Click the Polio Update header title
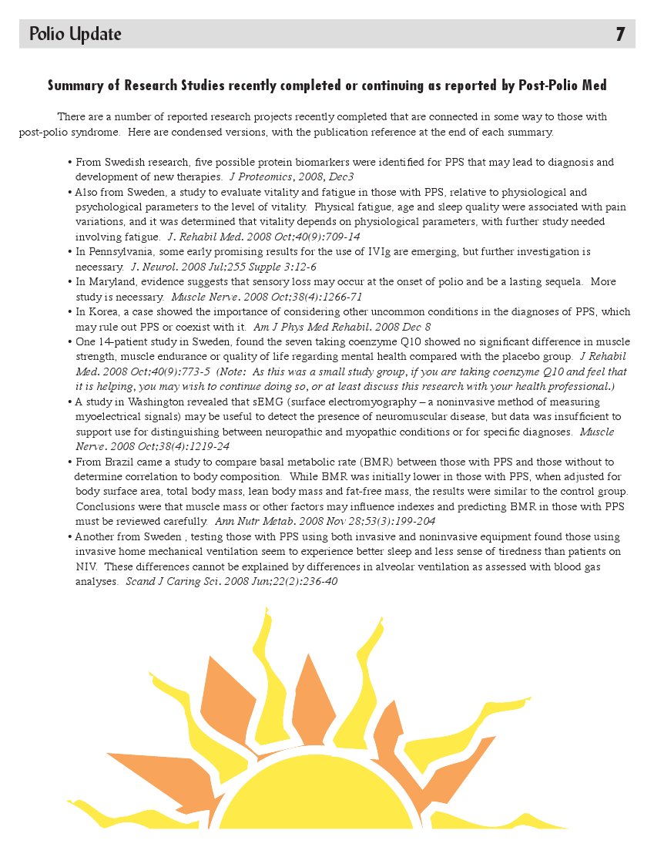[75, 35]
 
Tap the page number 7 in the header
[620, 35]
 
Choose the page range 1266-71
[332, 297]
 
